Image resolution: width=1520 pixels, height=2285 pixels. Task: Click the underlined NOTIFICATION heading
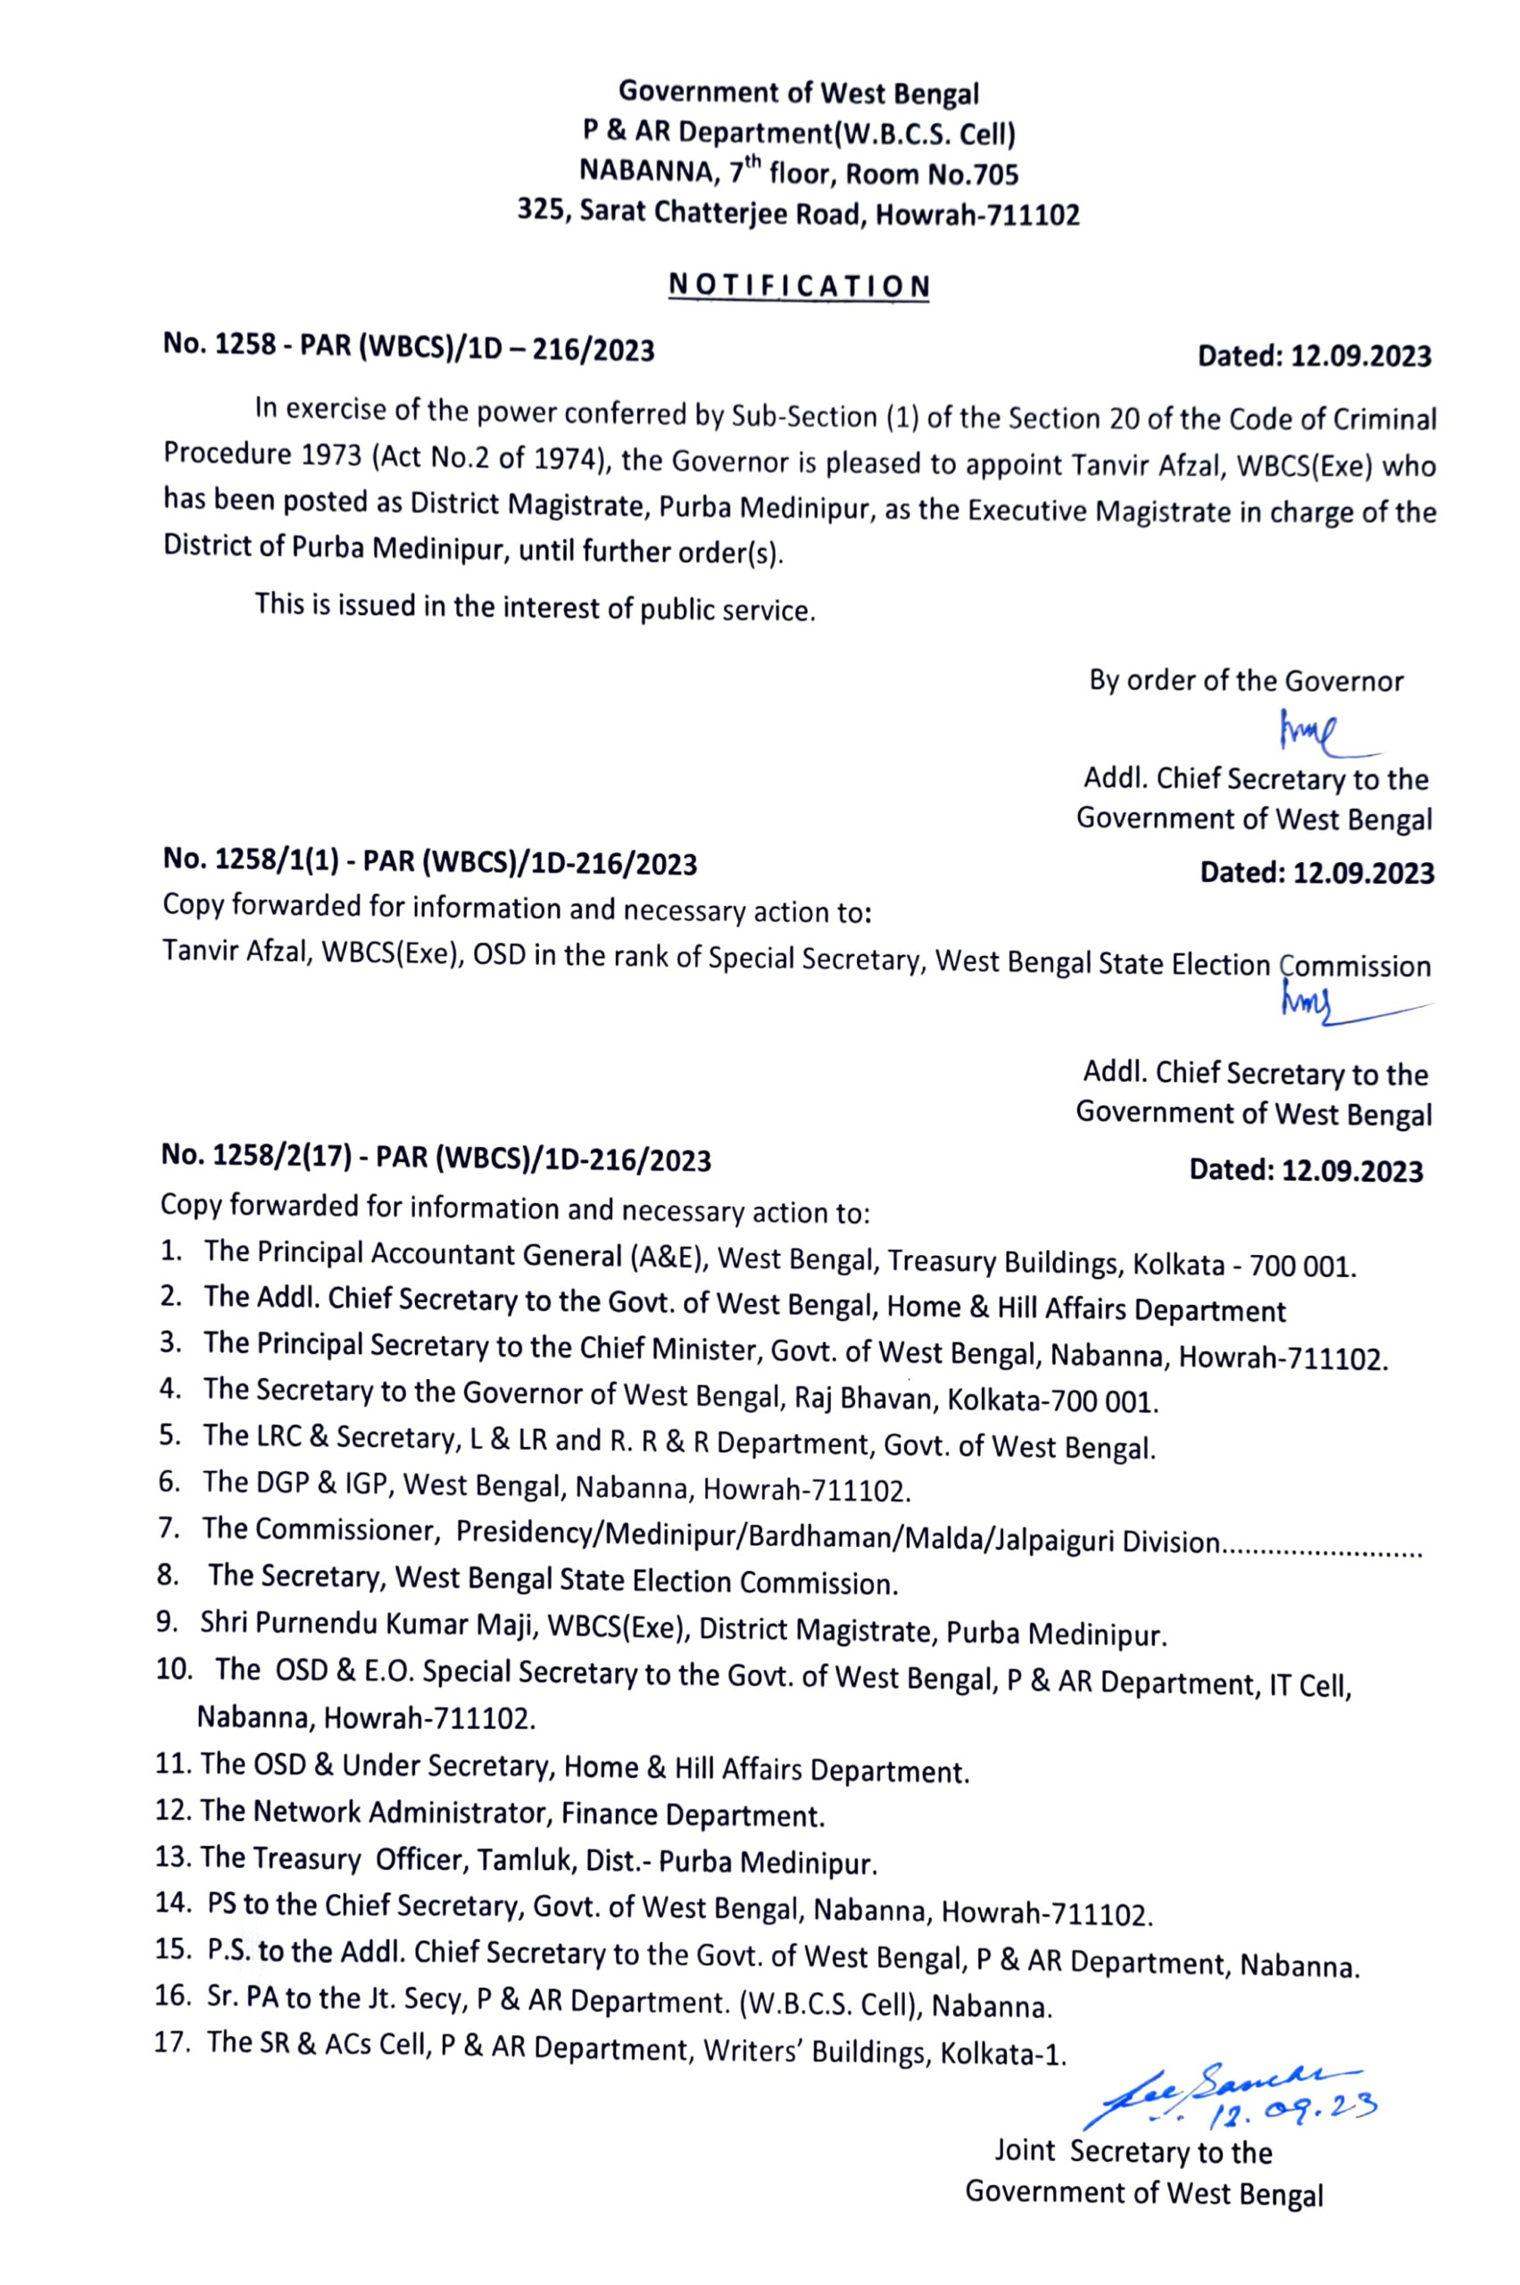799,286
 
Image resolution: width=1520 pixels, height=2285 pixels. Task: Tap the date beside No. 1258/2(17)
1306,1170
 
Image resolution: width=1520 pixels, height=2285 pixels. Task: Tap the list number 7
168,1529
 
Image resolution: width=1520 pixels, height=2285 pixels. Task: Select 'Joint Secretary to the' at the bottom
1134,2151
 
